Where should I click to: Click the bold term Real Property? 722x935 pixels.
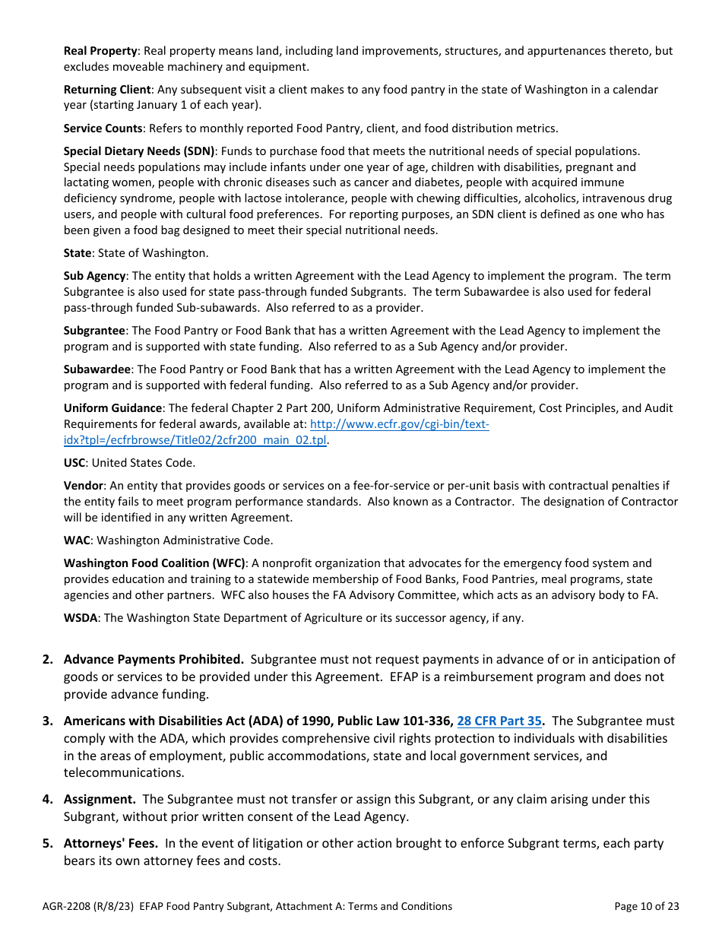pos(100,51)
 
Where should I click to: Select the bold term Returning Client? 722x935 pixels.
pos(107,90)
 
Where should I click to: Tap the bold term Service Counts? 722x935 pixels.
pos(103,128)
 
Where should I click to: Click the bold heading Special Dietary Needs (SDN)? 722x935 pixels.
pos(139,151)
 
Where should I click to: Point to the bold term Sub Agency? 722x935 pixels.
pos(94,276)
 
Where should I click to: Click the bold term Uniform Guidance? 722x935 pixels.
pos(112,408)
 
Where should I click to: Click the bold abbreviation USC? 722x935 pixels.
pos(74,462)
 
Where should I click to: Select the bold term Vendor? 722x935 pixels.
pos(83,486)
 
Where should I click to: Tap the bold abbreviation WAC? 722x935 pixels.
pos(77,540)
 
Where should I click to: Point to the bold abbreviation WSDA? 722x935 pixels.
pos(81,618)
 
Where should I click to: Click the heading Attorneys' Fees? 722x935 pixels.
pos(111,844)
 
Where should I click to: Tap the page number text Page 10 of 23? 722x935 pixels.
pos(646,906)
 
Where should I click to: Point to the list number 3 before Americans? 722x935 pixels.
pos(47,721)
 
